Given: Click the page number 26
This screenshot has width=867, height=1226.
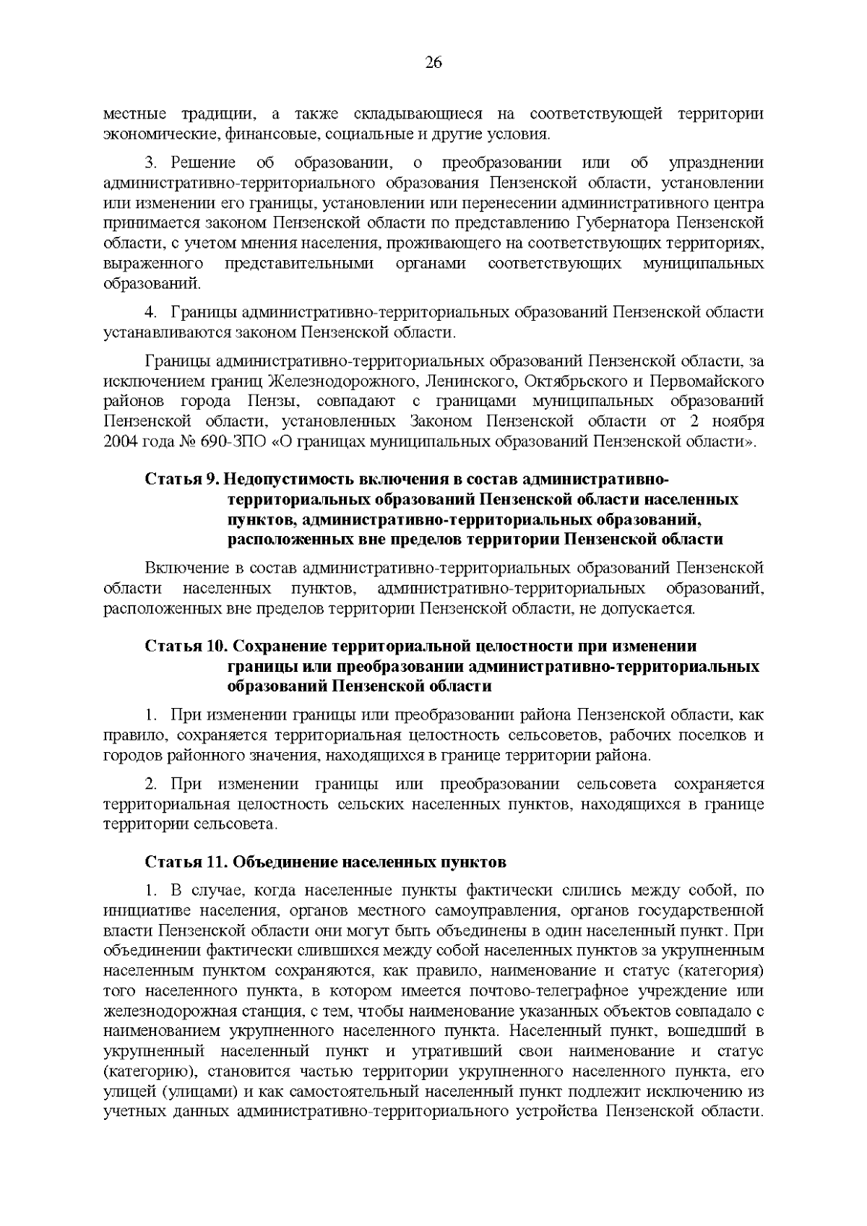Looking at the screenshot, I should [433, 63].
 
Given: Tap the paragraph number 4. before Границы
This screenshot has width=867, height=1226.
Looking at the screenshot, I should [152, 312].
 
